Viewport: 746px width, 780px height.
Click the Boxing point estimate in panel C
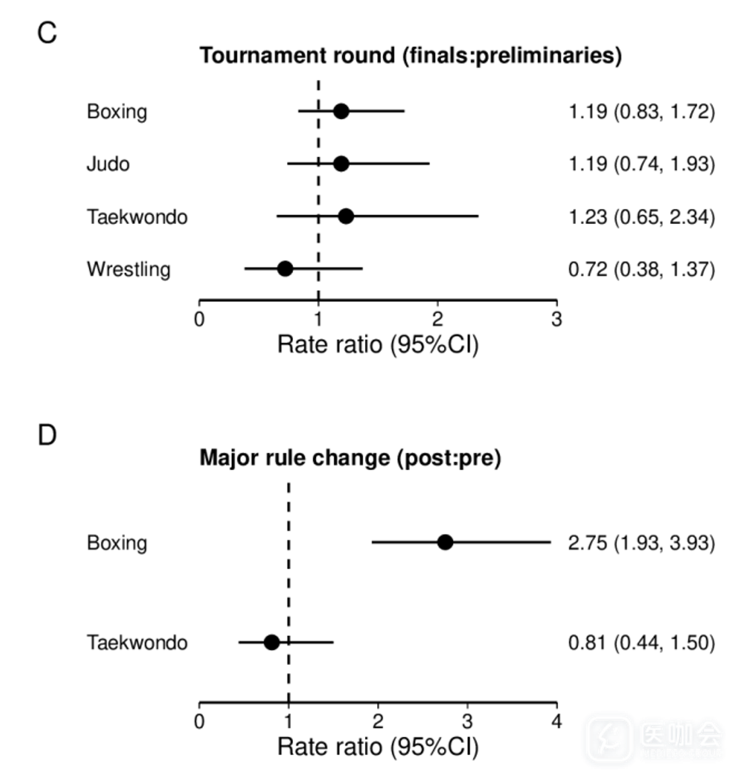pos(341,111)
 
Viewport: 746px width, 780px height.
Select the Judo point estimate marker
pos(341,163)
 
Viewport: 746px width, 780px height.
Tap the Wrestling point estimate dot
pos(285,269)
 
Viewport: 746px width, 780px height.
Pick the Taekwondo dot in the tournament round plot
pos(345,217)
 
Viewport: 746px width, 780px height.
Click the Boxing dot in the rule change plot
pos(445,542)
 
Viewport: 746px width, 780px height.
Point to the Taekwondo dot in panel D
pos(272,642)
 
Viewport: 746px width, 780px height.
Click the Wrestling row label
pos(128,270)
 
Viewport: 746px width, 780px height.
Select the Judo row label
pos(108,164)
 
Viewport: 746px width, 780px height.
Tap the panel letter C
pos(47,33)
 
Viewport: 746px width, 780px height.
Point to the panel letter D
pos(47,436)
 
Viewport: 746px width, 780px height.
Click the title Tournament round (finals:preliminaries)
pos(411,55)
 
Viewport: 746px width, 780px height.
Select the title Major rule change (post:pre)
pos(350,459)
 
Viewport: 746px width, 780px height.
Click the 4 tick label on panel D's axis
pos(556,722)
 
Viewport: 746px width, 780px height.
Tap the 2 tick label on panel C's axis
pos(438,319)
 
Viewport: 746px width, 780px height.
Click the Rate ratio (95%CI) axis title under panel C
pos(378,345)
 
